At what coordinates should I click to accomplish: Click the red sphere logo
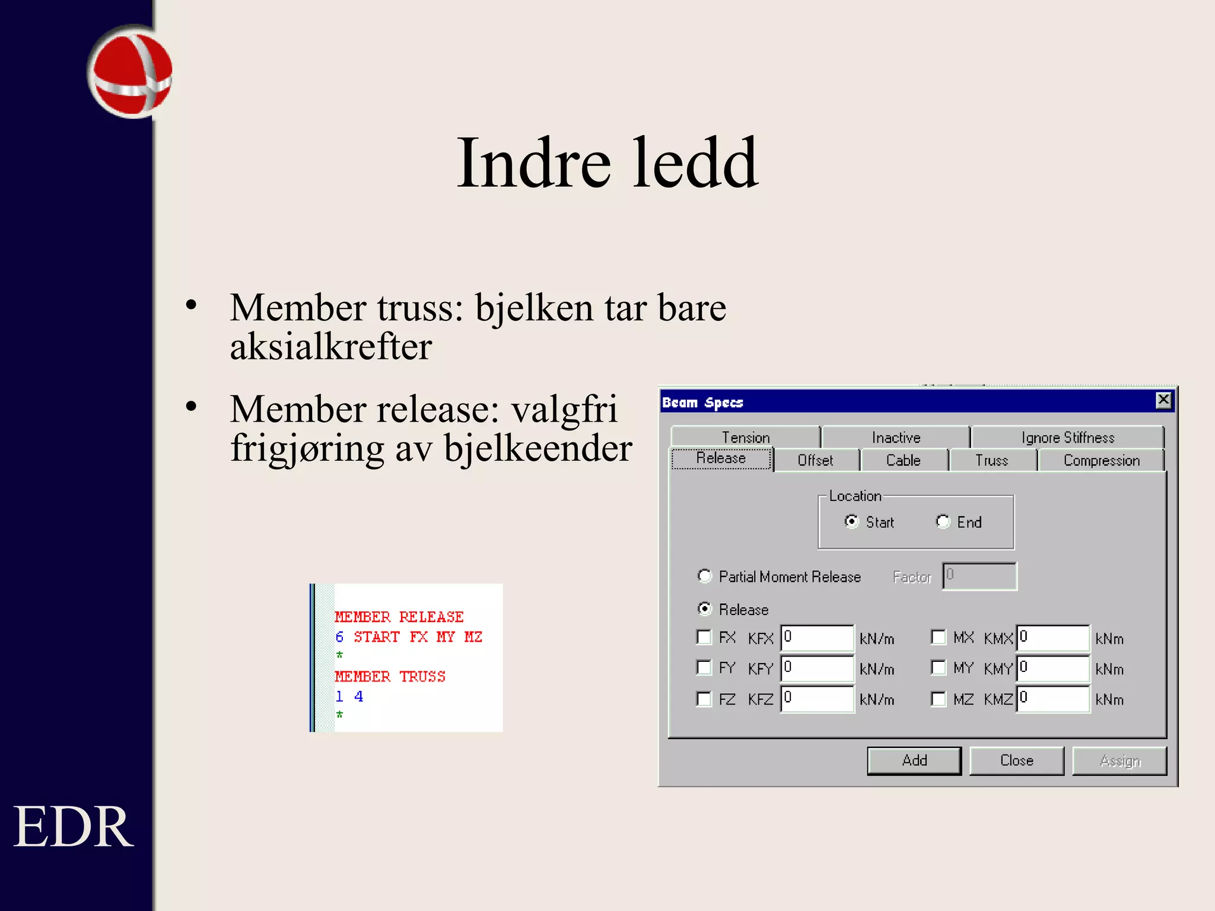(131, 72)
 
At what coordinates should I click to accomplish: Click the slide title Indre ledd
(607, 163)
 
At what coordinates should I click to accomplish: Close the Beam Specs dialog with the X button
(1163, 400)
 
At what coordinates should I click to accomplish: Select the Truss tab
(991, 461)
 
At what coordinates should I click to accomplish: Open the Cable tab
(903, 461)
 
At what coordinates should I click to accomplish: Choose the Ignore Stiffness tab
(1067, 438)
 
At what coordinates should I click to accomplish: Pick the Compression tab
(1101, 461)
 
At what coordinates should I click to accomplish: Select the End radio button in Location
(943, 521)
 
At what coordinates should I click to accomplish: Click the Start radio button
(851, 521)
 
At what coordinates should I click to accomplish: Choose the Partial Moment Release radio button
(704, 576)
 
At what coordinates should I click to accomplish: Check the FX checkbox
(704, 637)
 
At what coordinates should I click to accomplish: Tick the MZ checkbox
(939, 699)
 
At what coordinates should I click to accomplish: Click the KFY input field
(817, 668)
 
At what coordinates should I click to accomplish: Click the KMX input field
(1052, 638)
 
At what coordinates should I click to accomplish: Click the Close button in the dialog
(1016, 761)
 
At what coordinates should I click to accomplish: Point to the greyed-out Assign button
(1119, 761)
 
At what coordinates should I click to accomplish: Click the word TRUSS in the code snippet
(422, 677)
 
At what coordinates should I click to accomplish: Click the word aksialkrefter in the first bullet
(331, 347)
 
